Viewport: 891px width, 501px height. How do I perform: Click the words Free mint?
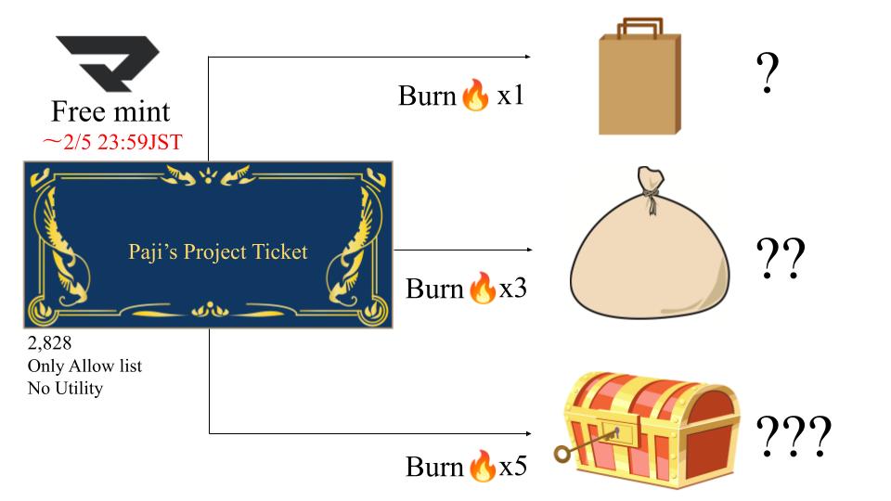click(110, 112)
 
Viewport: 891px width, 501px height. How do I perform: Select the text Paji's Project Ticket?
click(218, 251)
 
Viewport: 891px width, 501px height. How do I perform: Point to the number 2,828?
click(49, 344)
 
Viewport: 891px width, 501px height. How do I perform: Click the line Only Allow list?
click(84, 366)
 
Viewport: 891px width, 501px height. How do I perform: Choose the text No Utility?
click(65, 388)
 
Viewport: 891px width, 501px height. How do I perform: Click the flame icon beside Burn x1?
click(473, 96)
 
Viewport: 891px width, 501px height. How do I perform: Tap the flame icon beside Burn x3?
click(482, 289)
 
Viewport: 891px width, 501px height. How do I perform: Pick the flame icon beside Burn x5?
click(482, 466)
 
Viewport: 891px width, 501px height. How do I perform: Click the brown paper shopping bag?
click(639, 83)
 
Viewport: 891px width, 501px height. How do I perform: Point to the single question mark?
click(766, 73)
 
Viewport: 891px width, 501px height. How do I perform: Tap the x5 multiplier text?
click(513, 466)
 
